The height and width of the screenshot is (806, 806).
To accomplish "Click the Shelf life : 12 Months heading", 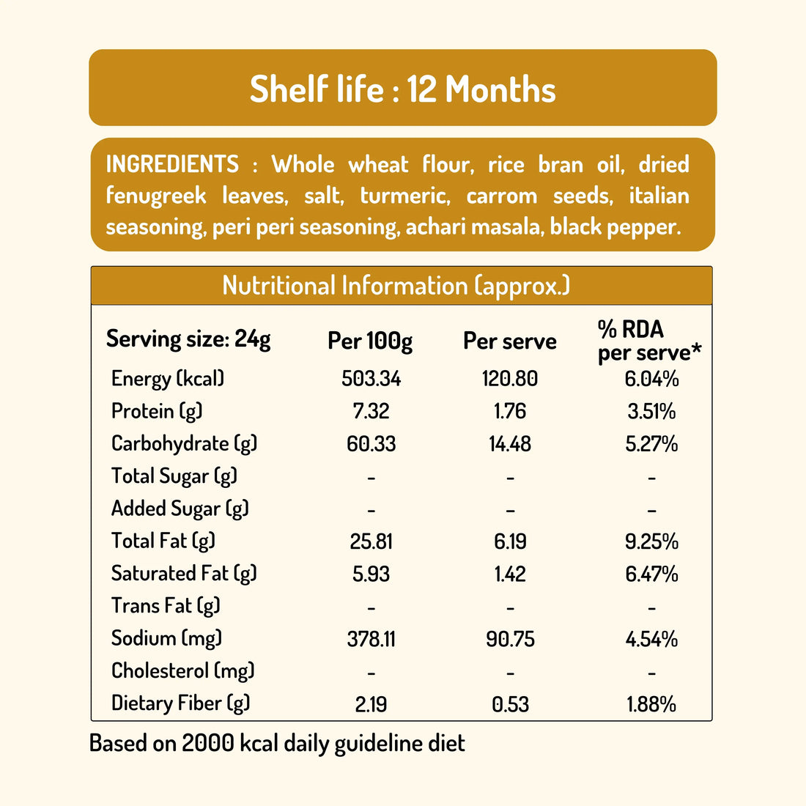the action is tap(402, 89).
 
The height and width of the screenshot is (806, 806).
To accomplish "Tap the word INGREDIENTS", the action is tap(172, 164).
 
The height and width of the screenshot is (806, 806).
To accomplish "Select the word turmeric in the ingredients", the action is tap(405, 196).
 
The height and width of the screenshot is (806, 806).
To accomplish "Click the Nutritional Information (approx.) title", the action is tap(396, 286).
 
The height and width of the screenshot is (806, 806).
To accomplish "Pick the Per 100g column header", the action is tap(370, 341).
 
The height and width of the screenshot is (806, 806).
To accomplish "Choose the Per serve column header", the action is tap(509, 341).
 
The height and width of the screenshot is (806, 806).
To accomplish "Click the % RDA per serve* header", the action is tap(649, 341).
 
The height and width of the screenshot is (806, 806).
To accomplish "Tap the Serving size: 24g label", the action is tap(188, 339).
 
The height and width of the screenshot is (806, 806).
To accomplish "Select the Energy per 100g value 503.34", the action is tap(371, 379).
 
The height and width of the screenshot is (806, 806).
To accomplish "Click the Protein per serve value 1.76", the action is tap(510, 411).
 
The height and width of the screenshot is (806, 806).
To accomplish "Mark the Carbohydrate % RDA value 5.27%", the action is tap(651, 444).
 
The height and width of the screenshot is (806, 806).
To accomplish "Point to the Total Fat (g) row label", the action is tap(163, 541).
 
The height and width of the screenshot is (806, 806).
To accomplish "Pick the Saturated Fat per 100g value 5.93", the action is tap(371, 574).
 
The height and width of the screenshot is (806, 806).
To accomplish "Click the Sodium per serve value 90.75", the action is tap(510, 640).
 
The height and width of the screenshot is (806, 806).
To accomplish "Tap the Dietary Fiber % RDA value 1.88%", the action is tap(651, 704).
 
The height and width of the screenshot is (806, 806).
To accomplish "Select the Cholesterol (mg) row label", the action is tap(183, 671).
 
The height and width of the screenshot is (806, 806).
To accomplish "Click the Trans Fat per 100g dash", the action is tap(371, 608).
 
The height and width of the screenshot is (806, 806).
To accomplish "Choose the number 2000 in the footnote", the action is tap(208, 743).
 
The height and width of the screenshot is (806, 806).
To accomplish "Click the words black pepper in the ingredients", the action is tap(615, 227).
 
